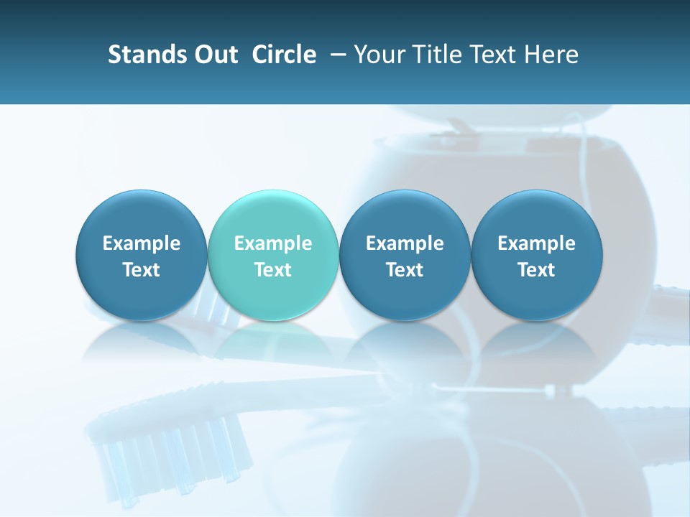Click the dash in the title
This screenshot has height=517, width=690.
click(335, 55)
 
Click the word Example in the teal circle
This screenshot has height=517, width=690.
click(273, 243)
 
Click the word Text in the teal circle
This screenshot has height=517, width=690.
click(273, 270)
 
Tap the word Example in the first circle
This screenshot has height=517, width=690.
click(142, 243)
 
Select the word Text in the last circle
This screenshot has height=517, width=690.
click(536, 270)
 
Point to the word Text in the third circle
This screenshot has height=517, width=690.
click(405, 270)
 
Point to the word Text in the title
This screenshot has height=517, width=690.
click(494, 55)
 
